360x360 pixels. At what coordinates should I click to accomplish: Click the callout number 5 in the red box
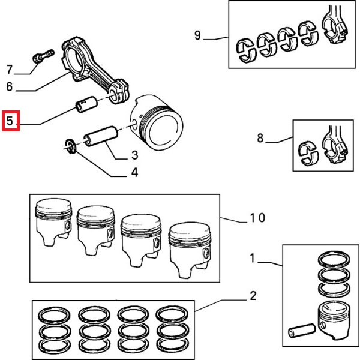click(x=10, y=121)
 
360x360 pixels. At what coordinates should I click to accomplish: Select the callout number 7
click(x=10, y=68)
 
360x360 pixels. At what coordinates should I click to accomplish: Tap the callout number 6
click(x=10, y=86)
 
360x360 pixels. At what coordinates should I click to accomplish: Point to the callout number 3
click(x=134, y=156)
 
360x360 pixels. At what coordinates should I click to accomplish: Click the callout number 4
click(x=134, y=173)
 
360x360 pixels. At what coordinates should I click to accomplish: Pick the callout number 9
click(x=197, y=35)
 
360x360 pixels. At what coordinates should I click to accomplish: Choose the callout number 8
click(x=260, y=139)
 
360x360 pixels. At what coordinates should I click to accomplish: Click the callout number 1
click(x=253, y=259)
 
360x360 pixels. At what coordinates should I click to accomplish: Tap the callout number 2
click(x=253, y=295)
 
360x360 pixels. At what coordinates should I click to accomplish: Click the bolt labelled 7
click(x=40, y=57)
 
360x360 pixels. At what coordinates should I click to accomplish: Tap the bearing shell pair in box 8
click(x=311, y=152)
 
